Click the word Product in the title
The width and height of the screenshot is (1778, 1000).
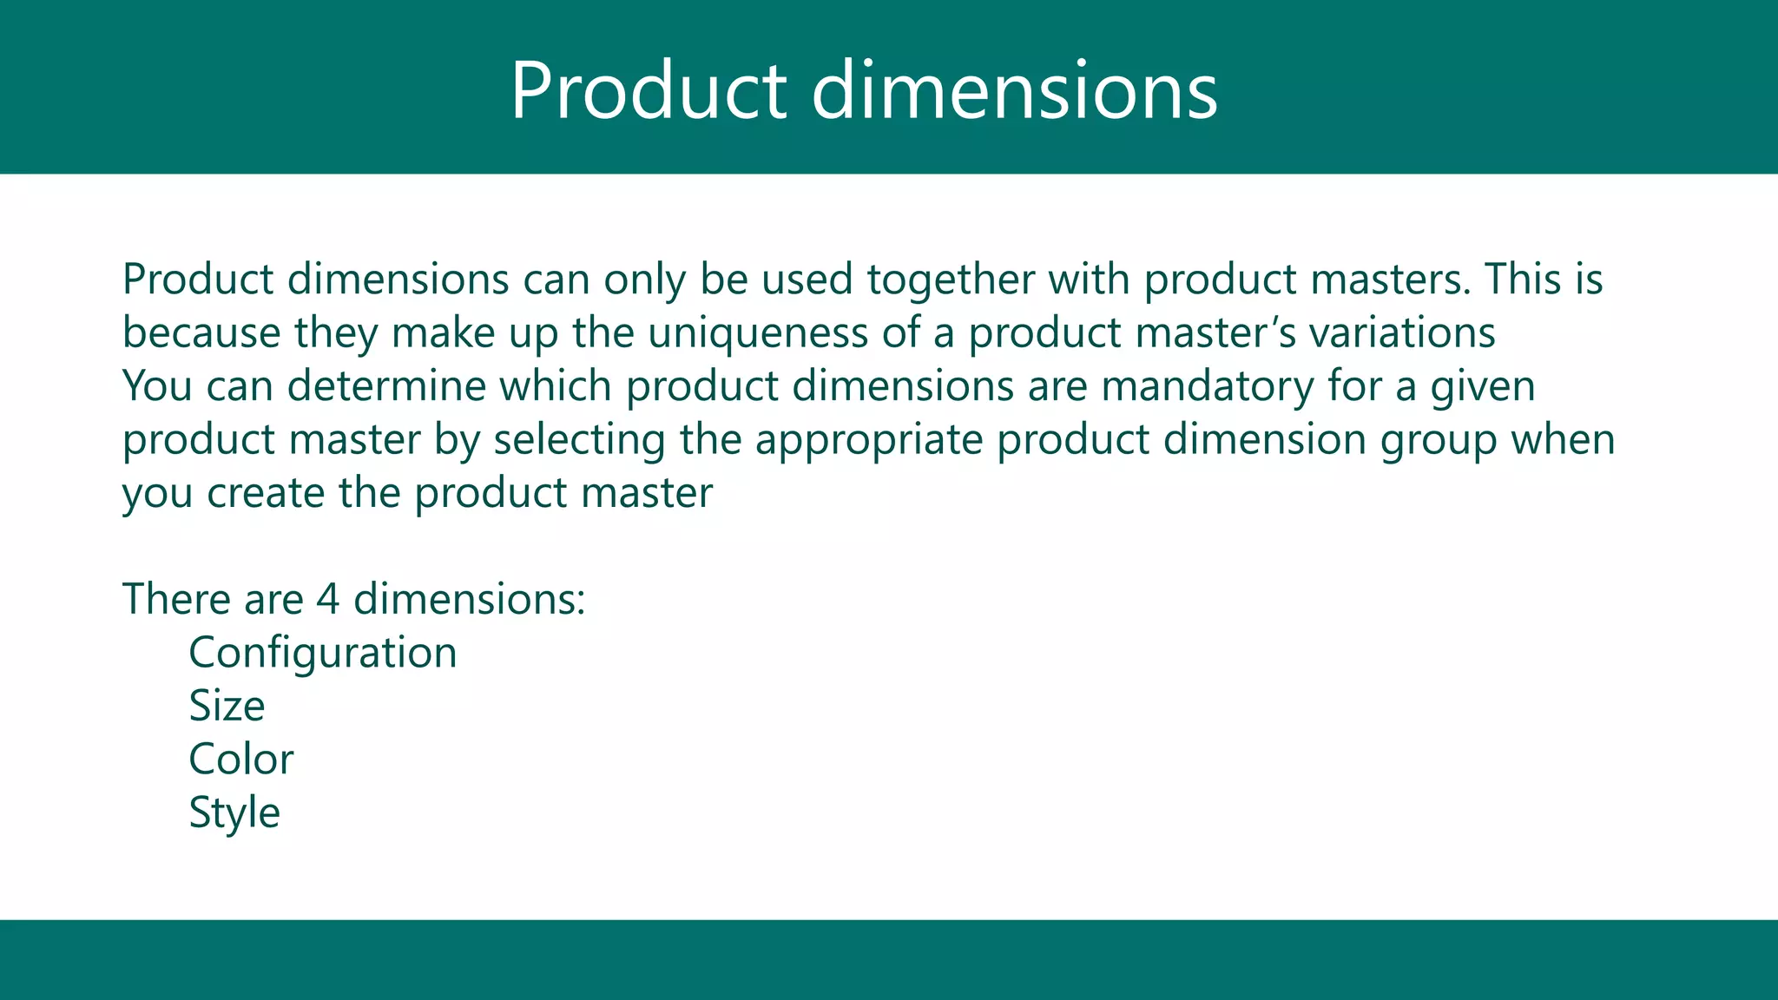648,90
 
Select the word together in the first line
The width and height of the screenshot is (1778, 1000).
950,280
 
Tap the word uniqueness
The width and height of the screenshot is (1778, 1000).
758,333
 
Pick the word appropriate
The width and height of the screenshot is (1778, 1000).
868,439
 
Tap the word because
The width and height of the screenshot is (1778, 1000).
201,333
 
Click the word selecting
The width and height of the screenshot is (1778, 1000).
579,439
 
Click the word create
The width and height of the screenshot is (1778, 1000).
266,493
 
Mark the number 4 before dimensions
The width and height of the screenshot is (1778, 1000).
327,599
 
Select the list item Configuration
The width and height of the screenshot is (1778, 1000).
322,653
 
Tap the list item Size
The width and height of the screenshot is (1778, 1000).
227,706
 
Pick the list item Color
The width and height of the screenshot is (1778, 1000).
240,760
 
